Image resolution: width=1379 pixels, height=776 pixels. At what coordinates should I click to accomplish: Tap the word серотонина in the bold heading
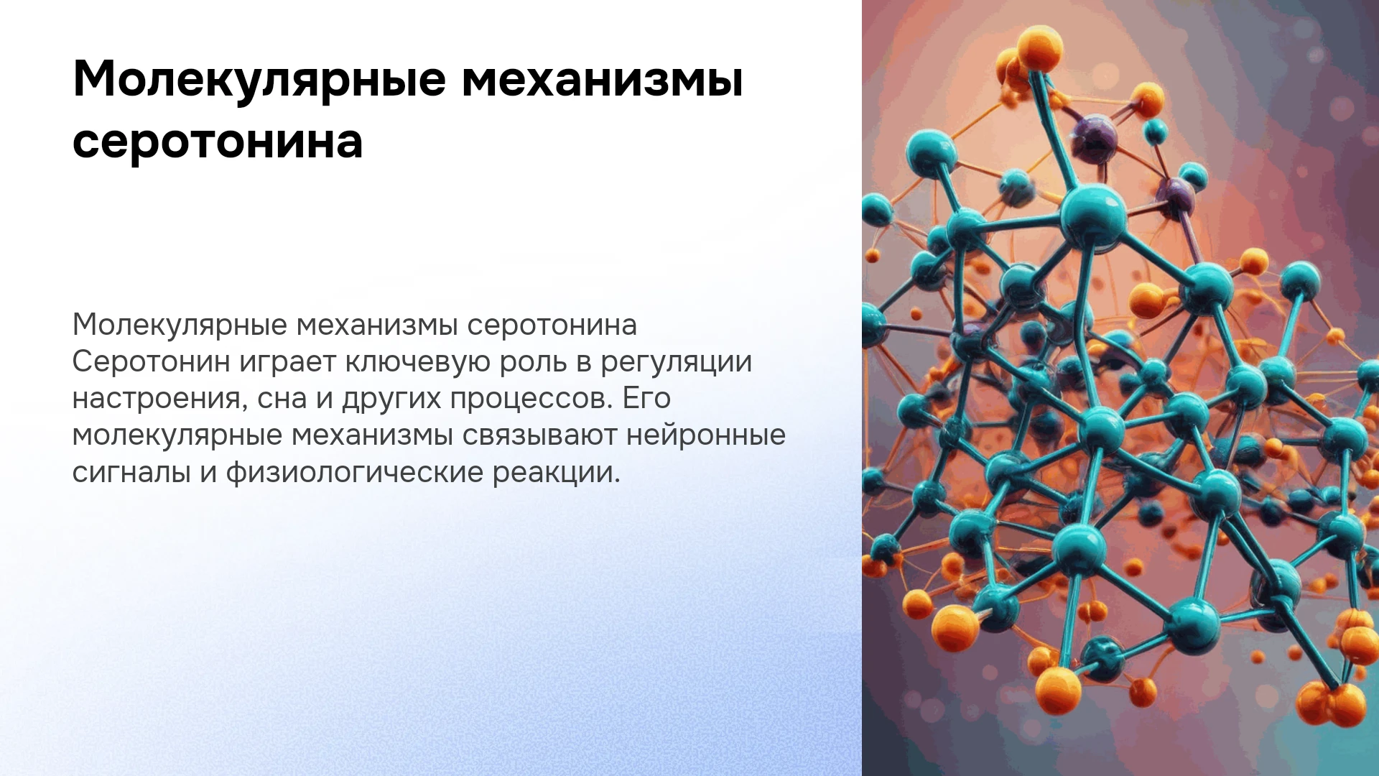coord(218,141)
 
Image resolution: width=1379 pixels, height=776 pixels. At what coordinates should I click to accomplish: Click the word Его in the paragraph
coord(646,398)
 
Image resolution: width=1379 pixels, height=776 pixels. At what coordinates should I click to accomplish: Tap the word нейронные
coord(706,435)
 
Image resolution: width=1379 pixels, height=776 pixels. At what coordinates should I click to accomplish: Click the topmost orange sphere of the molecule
coord(1040,48)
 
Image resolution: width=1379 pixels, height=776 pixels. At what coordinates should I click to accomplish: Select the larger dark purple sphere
coord(1095,137)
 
